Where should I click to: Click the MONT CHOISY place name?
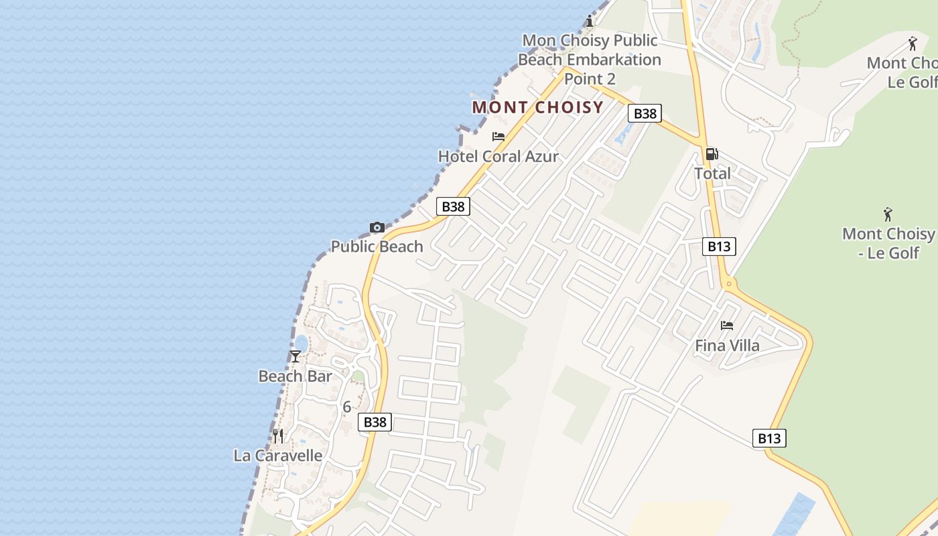tap(538, 107)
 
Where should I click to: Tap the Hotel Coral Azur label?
tap(498, 157)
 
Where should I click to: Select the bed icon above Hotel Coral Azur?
tap(498, 137)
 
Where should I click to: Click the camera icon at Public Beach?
tap(377, 228)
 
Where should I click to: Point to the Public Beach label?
tap(377, 247)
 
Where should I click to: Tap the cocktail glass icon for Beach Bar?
tap(295, 356)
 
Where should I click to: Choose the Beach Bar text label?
tap(295, 377)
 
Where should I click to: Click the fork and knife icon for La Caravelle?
tap(278, 436)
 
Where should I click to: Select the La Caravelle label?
tap(278, 456)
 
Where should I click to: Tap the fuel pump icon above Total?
tap(712, 154)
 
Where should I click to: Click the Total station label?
tap(712, 174)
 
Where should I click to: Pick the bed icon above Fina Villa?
tap(727, 326)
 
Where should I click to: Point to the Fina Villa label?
tap(727, 346)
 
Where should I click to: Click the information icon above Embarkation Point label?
tap(590, 21)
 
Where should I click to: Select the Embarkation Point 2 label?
tap(590, 60)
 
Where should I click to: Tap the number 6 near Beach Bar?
tap(346, 407)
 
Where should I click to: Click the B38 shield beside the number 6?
tap(375, 422)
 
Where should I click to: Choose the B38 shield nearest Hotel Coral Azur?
tap(454, 206)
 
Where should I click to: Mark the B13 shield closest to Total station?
tap(719, 247)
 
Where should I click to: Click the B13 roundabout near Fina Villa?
tap(730, 284)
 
